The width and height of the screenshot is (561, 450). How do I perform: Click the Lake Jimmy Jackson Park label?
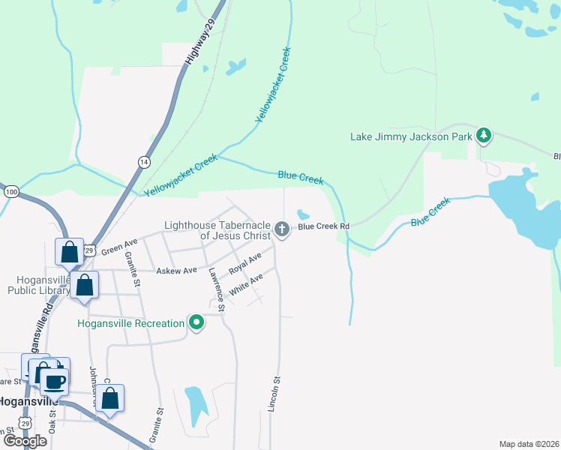[412, 136]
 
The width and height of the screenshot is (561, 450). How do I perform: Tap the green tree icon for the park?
[484, 136]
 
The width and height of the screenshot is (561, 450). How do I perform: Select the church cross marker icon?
[282, 229]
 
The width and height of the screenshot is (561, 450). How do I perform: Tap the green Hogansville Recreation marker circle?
[196, 323]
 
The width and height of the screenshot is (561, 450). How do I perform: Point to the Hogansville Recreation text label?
[130, 323]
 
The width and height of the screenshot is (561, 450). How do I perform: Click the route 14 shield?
[143, 161]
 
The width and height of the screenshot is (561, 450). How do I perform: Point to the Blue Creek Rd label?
[324, 226]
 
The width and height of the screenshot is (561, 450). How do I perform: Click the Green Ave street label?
[119, 245]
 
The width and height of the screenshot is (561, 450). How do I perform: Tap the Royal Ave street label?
[245, 262]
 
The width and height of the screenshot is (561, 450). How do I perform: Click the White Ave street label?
[247, 284]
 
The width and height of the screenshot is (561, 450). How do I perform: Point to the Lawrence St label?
[217, 289]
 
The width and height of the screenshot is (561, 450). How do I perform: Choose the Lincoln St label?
[274, 394]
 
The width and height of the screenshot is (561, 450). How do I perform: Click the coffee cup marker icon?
[55, 382]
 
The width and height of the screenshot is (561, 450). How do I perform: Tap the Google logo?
[25, 441]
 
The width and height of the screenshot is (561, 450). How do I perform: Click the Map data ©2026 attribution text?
[528, 444]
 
